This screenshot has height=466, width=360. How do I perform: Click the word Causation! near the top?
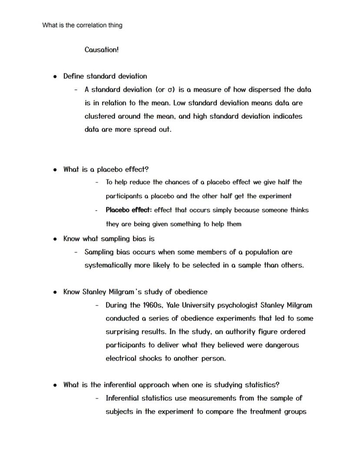click(101, 50)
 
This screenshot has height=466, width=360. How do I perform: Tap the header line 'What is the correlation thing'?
click(82, 25)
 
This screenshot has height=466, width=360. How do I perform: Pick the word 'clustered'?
click(101, 116)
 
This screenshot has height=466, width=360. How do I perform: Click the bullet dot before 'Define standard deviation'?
click(55, 77)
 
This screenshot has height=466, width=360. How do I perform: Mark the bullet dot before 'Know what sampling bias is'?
click(55, 239)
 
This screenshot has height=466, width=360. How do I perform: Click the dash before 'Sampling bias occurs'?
click(76, 252)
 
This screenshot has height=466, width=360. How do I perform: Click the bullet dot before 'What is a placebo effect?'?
click(55, 170)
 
